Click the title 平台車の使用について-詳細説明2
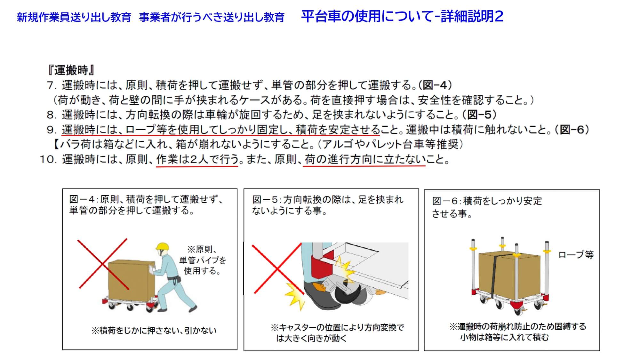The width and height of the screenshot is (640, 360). (x=402, y=16)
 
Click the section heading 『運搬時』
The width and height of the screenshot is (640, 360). (x=71, y=70)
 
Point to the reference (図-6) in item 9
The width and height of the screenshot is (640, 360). (x=572, y=130)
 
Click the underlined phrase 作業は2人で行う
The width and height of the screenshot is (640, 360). (x=198, y=159)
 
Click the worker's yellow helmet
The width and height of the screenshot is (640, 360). (x=162, y=246)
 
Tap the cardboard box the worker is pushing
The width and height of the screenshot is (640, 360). (x=131, y=279)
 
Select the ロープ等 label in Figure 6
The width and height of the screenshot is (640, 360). (x=576, y=255)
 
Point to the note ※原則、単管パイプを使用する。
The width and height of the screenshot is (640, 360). (x=202, y=260)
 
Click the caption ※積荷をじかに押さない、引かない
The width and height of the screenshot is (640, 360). (x=154, y=330)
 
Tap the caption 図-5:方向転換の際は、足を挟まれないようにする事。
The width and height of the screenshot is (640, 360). (x=328, y=205)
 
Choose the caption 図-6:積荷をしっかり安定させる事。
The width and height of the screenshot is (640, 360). (x=487, y=207)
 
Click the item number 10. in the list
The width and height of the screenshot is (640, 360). (x=48, y=159)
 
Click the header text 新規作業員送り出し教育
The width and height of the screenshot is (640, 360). (x=74, y=17)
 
